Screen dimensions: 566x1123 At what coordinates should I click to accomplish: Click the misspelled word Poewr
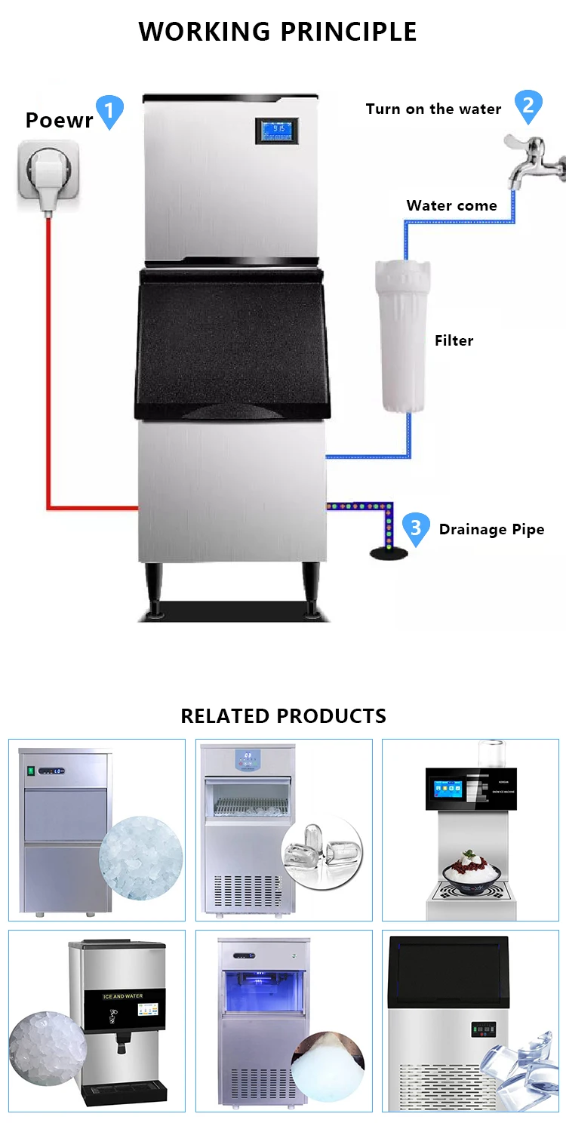coord(59,120)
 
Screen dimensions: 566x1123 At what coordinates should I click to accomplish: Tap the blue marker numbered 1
coord(109,111)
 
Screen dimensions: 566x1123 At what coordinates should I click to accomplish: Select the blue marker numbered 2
coord(528,105)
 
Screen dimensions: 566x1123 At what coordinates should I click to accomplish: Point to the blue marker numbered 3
coord(416,528)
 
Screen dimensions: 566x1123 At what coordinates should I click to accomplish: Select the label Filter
coord(454,340)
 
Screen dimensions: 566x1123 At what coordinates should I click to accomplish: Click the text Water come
coord(451,205)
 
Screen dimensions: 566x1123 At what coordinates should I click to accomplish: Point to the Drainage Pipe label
coord(491,530)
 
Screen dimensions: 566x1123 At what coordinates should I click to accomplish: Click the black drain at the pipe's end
coord(389,554)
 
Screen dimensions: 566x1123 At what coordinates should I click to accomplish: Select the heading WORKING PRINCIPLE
coord(278,32)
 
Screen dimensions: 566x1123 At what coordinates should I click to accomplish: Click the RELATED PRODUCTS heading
coord(283,715)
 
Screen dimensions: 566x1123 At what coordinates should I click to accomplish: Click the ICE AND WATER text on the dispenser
coord(122,996)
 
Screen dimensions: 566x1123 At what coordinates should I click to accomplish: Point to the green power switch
coord(31,771)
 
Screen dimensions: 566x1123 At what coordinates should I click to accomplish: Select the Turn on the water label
coord(433,109)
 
